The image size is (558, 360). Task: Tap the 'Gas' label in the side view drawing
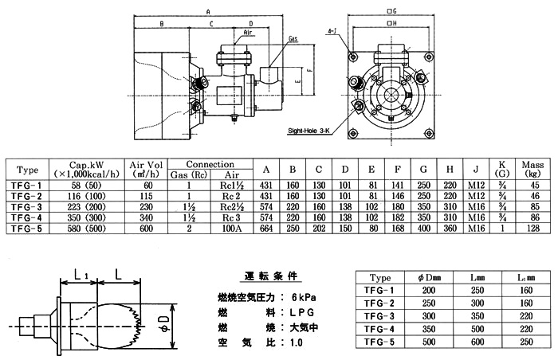pos(293,38)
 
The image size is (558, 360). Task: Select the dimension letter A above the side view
pos(207,11)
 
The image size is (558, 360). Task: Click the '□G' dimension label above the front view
pos(391,11)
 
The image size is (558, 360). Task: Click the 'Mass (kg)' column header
pos(532,169)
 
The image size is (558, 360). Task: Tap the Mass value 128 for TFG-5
pos(532,229)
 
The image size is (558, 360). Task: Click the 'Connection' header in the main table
pos(209,163)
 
